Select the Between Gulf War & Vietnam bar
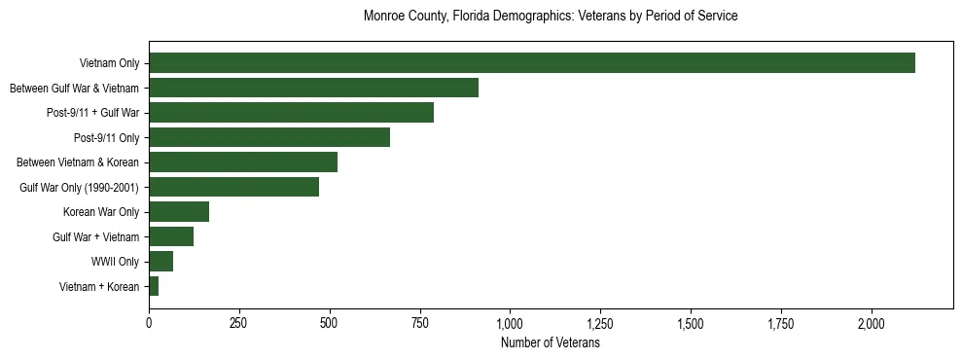pos(313,89)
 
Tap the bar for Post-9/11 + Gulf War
pos(291,113)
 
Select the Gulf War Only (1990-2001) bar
pos(233,187)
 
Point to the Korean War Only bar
pos(179,212)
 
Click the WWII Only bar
pos(160,261)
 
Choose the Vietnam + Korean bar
pos(154,286)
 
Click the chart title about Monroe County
pos(550,17)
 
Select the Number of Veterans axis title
pos(550,343)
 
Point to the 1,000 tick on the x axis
pos(510,322)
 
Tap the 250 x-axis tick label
pos(239,322)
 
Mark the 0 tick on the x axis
pos(149,322)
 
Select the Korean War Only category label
pos(101,212)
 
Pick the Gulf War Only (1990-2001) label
pos(80,188)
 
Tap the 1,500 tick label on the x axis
pos(691,322)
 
